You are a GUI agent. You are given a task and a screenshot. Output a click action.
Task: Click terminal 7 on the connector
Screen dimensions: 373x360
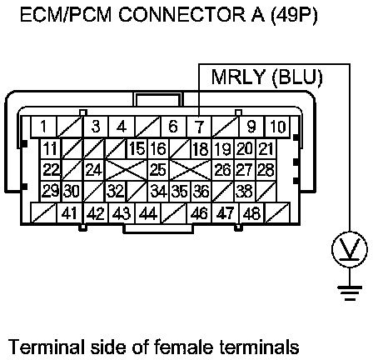(x=199, y=127)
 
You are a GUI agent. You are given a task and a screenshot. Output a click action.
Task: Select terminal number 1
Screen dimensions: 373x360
(x=43, y=127)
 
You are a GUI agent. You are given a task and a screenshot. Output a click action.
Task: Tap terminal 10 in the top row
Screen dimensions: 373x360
(x=277, y=127)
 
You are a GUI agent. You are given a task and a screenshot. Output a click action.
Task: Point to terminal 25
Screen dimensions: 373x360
(x=158, y=170)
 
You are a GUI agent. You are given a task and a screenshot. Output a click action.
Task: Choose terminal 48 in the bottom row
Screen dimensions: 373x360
(x=251, y=213)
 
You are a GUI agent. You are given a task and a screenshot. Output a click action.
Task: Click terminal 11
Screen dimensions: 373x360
(x=51, y=148)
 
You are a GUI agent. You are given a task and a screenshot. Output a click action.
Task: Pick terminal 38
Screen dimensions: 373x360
(x=245, y=192)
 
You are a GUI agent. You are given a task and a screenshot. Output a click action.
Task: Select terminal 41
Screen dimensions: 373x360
(x=69, y=213)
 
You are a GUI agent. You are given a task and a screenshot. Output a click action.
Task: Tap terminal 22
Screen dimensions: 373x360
(x=51, y=170)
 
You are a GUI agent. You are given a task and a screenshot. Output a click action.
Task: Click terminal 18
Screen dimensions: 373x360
(x=201, y=148)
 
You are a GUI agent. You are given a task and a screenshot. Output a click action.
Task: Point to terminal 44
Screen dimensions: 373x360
(x=148, y=213)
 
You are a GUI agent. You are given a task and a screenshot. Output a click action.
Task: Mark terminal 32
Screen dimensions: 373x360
(x=116, y=192)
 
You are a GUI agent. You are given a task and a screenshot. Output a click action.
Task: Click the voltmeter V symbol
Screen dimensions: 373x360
(x=350, y=249)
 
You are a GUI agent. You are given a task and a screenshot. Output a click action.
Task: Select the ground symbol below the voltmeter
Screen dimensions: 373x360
(x=350, y=293)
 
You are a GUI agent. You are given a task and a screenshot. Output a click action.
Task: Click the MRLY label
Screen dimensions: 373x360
(x=238, y=77)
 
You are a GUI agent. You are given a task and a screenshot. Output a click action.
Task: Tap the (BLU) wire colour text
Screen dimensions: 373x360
(x=297, y=77)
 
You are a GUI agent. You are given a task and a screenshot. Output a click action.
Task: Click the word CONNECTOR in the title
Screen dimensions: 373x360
(x=182, y=15)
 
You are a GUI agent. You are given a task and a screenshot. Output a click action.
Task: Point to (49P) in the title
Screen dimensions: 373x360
(x=293, y=16)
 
